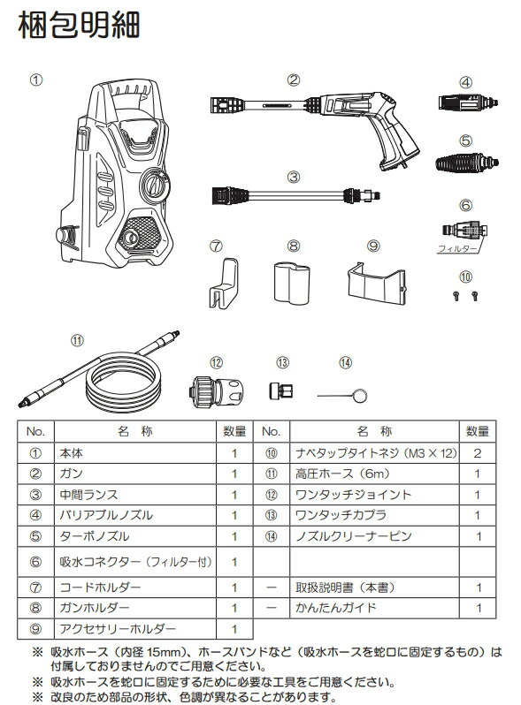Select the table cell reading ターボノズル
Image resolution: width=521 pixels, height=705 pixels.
point(94,535)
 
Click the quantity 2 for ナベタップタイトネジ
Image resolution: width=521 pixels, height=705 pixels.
point(478,452)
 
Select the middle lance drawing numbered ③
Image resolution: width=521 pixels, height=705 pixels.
point(295,193)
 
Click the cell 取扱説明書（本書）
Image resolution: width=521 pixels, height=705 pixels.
point(345,587)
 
